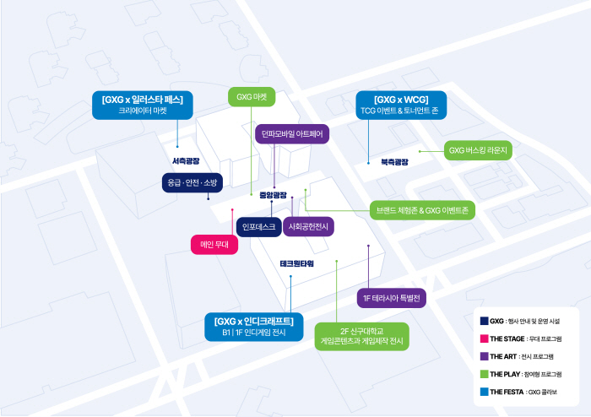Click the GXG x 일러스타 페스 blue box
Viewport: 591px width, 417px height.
143,104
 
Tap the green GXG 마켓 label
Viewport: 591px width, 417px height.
252,97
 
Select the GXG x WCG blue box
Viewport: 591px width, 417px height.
401,104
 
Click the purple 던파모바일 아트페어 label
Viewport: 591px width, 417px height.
292,133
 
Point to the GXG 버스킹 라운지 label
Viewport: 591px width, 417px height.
480,151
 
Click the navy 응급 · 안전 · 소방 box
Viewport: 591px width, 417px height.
192,182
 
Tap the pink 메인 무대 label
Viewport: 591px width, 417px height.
214,245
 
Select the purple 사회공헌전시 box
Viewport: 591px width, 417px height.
308,226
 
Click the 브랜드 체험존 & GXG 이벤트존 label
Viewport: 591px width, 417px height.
424,209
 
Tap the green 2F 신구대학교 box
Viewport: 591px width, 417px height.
361,336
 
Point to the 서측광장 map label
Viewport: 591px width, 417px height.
186,160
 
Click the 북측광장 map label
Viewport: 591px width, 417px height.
394,161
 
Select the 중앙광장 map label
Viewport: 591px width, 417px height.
273,195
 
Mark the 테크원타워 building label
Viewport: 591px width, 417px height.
296,263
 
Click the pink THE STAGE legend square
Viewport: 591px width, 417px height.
484,338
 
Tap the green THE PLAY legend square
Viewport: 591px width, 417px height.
484,374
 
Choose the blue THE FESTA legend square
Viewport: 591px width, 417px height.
484,392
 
